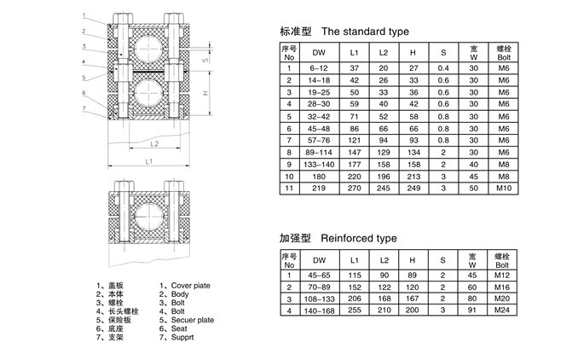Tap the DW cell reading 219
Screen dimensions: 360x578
click(320, 187)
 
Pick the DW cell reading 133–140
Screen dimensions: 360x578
click(320, 163)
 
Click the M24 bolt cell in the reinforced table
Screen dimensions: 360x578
click(502, 312)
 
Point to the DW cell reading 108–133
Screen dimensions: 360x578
click(320, 300)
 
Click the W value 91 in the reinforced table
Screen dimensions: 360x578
click(472, 312)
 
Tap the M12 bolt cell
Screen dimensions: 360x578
click(502, 276)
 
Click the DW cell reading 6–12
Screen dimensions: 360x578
click(320, 67)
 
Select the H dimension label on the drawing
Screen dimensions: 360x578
click(205, 92)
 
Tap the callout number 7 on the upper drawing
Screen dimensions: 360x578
click(84, 108)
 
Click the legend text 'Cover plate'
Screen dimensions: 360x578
click(191, 286)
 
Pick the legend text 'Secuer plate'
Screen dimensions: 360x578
click(193, 320)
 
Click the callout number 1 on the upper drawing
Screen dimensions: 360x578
click(84, 16)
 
